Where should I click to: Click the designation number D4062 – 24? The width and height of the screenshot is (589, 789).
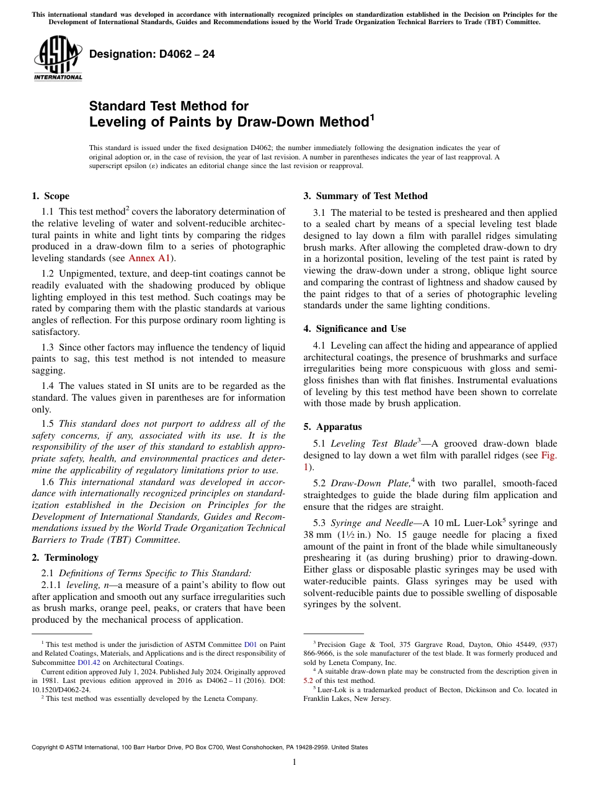(152, 54)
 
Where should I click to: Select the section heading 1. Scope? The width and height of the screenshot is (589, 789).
(50, 196)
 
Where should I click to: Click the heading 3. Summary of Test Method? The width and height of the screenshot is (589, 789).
(365, 196)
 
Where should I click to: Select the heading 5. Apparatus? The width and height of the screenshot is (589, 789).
(332, 427)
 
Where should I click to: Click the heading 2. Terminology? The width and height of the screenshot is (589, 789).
(64, 558)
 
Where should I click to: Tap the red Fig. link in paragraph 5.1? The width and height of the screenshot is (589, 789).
(549, 455)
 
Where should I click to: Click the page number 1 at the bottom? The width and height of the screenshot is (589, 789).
(294, 762)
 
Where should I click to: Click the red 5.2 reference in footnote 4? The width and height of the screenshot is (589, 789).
(308, 680)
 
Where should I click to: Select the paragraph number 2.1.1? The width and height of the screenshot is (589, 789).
(52, 585)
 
